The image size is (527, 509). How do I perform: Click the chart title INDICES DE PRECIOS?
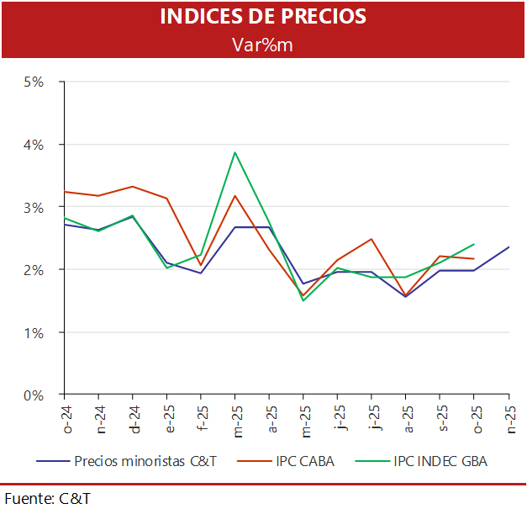(263, 17)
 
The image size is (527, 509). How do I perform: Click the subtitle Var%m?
(263, 44)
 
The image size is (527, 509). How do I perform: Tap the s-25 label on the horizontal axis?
(440, 419)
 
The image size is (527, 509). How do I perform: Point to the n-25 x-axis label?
(509, 419)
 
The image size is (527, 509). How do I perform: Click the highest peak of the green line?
(235, 152)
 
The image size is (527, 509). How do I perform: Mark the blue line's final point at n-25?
(509, 247)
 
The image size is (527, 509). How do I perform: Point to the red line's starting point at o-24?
(65, 192)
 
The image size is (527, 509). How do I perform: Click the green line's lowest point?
(303, 300)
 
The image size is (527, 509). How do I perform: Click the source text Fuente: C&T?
(47, 498)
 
